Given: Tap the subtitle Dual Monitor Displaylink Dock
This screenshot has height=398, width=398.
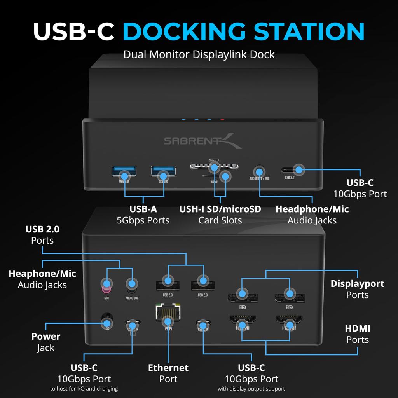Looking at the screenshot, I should pyautogui.click(x=199, y=54).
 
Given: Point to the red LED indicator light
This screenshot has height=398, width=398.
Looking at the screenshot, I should pyautogui.click(x=222, y=120).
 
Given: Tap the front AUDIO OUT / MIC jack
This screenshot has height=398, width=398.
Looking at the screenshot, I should pyautogui.click(x=259, y=171).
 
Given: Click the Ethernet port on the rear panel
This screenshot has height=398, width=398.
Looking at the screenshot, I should pyautogui.click(x=168, y=313).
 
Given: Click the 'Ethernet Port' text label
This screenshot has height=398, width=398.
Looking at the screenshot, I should pyautogui.click(x=168, y=373).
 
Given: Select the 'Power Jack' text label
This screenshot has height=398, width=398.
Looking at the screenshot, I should pyautogui.click(x=46, y=342).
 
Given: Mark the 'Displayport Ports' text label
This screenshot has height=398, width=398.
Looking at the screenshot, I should pyautogui.click(x=357, y=289).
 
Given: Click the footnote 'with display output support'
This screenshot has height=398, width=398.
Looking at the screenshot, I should pyautogui.click(x=251, y=389).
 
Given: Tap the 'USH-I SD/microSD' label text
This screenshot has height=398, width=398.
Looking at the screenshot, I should pyautogui.click(x=220, y=209).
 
